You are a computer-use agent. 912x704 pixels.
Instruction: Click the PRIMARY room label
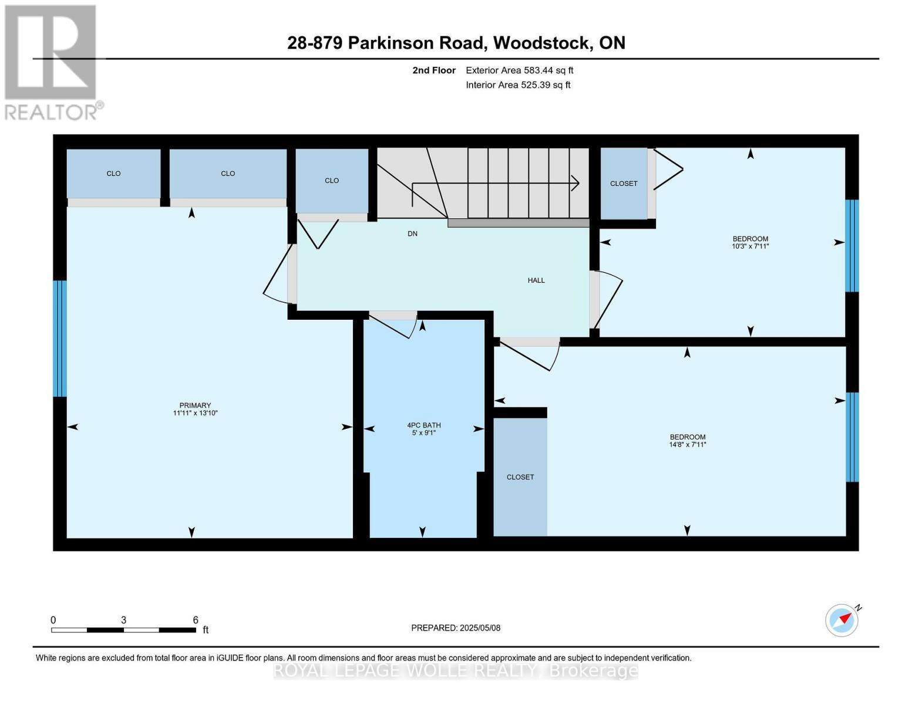click(195, 405)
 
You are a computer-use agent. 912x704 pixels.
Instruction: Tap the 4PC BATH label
click(423, 425)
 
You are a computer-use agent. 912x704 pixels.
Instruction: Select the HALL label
click(536, 280)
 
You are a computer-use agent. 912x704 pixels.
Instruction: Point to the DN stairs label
click(412, 233)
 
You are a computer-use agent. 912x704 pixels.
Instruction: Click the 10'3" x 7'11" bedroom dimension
click(750, 246)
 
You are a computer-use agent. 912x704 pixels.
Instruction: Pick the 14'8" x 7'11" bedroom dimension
click(688, 445)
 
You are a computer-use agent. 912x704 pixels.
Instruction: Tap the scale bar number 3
click(123, 620)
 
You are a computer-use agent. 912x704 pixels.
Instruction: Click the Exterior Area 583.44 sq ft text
click(519, 70)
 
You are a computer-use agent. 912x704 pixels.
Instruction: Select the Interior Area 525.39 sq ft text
click(518, 85)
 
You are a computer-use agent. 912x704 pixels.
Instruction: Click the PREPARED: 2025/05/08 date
click(455, 628)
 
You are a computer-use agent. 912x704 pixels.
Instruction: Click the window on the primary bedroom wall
click(59, 338)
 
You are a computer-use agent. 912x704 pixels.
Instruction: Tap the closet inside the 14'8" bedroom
click(520, 477)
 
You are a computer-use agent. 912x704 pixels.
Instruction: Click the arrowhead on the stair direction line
click(576, 183)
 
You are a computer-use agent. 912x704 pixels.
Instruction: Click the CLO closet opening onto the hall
click(332, 181)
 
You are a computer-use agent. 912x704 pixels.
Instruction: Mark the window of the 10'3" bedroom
click(852, 246)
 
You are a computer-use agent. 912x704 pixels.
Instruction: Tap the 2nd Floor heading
click(433, 70)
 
